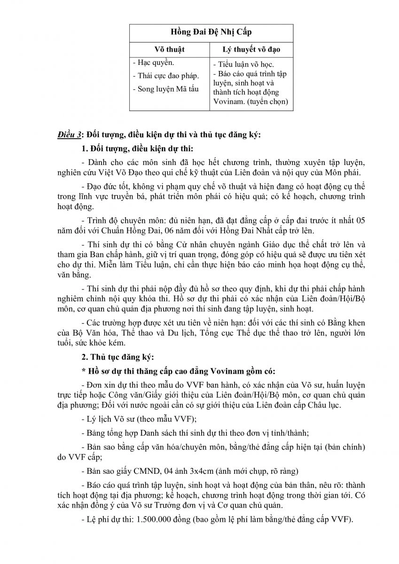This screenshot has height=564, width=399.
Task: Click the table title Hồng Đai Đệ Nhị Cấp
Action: click(211, 32)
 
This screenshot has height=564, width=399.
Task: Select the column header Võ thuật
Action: click(170, 49)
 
